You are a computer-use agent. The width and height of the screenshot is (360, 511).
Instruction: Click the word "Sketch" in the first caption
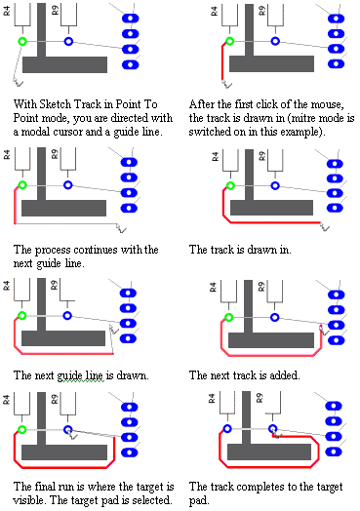click(56, 104)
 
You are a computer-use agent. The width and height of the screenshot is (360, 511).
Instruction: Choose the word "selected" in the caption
click(154, 500)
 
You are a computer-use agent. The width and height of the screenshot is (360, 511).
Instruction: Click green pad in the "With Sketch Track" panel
click(22, 41)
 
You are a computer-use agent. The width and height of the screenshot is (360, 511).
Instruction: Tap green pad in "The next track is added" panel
click(229, 317)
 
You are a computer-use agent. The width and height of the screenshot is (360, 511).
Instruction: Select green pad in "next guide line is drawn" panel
click(21, 315)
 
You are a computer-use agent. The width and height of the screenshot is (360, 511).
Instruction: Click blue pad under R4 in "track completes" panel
click(227, 428)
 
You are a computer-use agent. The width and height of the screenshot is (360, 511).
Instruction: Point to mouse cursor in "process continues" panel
click(121, 228)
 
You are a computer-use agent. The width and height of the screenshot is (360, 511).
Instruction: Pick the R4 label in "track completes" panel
click(212, 398)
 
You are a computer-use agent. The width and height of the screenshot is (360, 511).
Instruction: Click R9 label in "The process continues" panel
click(55, 154)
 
